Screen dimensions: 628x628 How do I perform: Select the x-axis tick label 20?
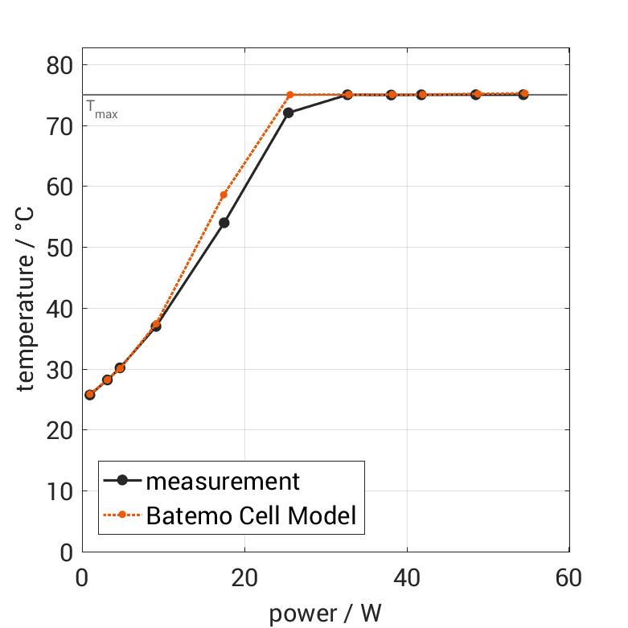tap(244, 577)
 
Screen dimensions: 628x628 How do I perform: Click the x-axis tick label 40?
tap(407, 577)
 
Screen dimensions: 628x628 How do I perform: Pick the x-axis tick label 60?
tap(569, 577)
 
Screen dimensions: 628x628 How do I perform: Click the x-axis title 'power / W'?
tap(325, 614)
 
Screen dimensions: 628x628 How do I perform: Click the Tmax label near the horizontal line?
tap(102, 109)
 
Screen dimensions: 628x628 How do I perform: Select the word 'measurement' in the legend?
tap(223, 482)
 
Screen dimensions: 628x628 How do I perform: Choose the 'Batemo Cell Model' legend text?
tap(251, 515)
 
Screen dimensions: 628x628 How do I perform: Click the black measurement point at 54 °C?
tap(224, 223)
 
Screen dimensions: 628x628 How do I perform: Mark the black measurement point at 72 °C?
tap(289, 113)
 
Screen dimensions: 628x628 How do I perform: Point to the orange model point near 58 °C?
tap(224, 195)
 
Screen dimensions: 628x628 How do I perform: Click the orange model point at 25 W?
tap(289, 95)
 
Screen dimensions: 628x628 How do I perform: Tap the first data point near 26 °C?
tap(89, 395)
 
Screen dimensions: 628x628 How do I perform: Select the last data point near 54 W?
tap(523, 94)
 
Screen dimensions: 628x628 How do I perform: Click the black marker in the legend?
tap(122, 481)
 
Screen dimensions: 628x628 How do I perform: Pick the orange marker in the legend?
tap(122, 515)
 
